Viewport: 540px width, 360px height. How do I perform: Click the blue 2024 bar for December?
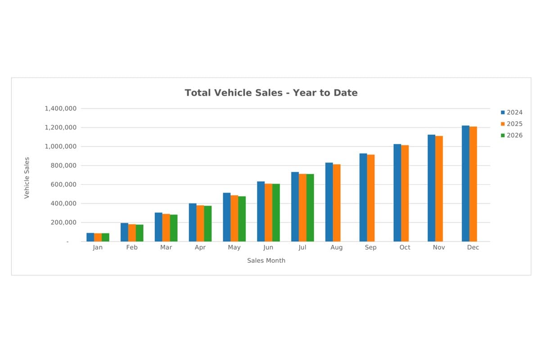point(465,184)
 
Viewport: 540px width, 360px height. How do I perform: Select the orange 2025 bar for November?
point(439,189)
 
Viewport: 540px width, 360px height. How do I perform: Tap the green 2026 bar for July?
point(310,207)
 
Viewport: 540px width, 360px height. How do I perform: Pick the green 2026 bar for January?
point(105,237)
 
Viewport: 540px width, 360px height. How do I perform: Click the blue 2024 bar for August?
point(329,202)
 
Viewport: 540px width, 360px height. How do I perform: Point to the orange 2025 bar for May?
point(234,218)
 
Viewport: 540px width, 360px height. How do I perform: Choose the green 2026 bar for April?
point(208,224)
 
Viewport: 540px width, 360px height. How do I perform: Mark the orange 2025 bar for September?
point(371,198)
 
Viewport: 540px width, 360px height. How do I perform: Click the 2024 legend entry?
point(512,112)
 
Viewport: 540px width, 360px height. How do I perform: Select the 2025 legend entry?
point(512,124)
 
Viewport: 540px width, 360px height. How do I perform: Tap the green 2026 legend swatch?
point(503,135)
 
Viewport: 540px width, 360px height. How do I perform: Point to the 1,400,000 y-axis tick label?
point(60,108)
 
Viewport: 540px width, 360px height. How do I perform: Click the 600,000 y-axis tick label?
point(63,184)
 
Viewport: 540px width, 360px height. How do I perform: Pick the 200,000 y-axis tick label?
point(63,222)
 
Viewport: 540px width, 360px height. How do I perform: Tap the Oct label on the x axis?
point(405,247)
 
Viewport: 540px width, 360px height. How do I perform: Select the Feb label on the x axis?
point(132,247)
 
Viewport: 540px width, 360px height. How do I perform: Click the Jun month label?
point(268,247)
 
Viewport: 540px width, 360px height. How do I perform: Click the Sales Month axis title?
point(266,261)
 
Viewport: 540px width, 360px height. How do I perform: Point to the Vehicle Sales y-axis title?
point(27,178)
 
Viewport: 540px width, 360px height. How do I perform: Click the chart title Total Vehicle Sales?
point(271,93)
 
